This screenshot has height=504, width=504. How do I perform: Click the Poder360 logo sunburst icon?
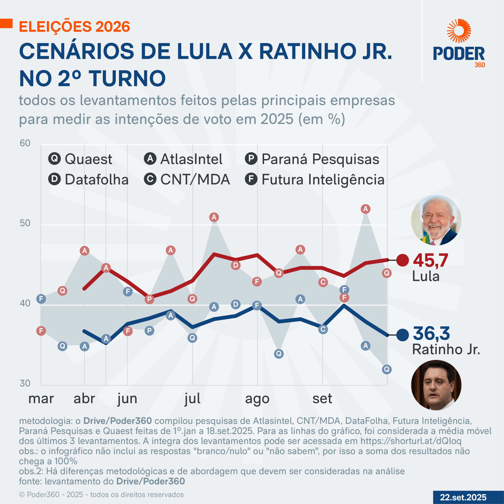459,31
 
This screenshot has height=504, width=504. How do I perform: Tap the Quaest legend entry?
80,159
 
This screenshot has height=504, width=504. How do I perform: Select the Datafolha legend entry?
88,180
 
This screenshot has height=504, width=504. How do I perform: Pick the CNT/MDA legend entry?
187,180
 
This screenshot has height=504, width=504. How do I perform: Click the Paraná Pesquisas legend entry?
312,159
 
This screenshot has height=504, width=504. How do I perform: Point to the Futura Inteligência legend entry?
315,180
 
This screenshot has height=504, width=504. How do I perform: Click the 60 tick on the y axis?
25,143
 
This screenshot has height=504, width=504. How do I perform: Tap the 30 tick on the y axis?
25,383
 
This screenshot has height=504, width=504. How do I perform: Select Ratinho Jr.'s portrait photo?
436,385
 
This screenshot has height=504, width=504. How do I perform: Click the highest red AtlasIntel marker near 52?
365,209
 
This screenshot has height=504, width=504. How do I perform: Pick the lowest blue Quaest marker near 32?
387,369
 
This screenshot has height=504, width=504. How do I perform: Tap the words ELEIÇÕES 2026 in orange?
75,27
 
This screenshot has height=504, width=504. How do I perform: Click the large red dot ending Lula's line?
403,260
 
